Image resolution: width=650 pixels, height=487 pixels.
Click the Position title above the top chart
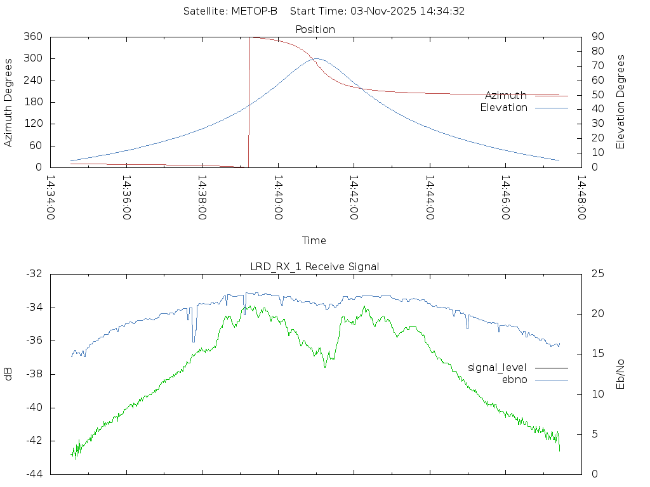pos(315,29)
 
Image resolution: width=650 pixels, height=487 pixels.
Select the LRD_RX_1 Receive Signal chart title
pos(315,266)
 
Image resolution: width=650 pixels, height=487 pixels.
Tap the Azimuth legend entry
pos(506,95)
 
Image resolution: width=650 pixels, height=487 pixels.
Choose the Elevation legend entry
pos(503,108)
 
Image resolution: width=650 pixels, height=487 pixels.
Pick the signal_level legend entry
pos(497,367)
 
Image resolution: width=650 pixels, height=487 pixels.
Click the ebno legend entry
pos(515,379)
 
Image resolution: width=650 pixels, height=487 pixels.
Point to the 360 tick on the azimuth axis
pos(32,37)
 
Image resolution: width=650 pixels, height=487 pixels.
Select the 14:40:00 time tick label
pos(278,198)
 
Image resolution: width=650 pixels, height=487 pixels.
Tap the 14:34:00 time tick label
pos(51,198)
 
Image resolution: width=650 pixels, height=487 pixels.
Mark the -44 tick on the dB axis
pos(33,474)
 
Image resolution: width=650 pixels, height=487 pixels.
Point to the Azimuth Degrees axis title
pos(9,102)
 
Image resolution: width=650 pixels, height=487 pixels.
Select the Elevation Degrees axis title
pos(621,102)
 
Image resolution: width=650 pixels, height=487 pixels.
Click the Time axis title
pos(314,240)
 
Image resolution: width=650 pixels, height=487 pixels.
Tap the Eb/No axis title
pos(621,373)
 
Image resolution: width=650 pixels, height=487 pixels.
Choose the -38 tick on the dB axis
pos(33,373)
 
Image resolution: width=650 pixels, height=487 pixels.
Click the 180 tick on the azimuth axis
pos(32,102)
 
